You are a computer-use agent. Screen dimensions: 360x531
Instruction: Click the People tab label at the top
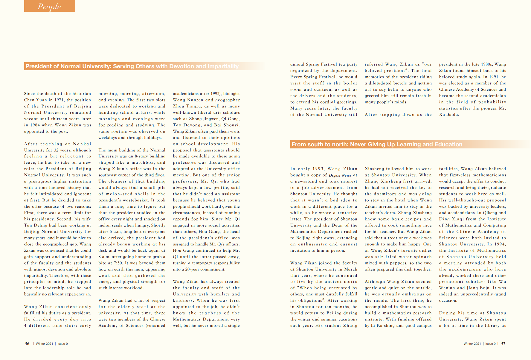pos(49,6)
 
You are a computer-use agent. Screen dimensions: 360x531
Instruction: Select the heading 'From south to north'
pos(377,145)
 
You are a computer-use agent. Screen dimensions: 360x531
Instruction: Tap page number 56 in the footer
pos(27,344)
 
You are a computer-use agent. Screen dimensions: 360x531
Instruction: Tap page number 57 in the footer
pos(503,344)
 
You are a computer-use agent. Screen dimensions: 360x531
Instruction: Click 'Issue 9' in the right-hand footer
pos(490,344)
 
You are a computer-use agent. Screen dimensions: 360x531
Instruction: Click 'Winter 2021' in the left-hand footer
pos(44,344)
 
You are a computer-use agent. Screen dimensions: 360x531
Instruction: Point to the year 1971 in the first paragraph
pos(59,100)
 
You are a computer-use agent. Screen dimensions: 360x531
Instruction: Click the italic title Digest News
pos(340,175)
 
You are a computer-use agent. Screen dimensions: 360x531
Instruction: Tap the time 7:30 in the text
pos(118,263)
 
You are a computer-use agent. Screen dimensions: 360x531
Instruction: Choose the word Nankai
pos(82,144)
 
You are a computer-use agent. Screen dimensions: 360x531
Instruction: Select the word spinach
pos(423,257)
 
